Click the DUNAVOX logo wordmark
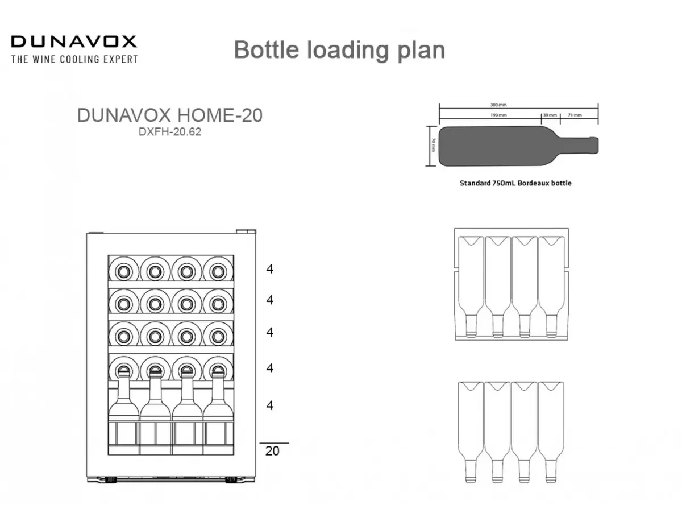[74, 42]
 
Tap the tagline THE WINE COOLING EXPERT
[74, 59]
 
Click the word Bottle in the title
[267, 49]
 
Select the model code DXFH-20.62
[170, 132]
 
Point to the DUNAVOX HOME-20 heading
[170, 115]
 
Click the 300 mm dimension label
[498, 105]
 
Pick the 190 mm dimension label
[498, 115]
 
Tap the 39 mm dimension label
[550, 115]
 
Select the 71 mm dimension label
[575, 115]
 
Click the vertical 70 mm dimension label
[434, 145]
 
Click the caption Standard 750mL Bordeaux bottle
[515, 183]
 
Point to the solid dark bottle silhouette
[518, 146]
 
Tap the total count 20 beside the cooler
[272, 451]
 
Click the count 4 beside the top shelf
[269, 269]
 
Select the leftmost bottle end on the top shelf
[124, 270]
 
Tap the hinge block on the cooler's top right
[246, 231]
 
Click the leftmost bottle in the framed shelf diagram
[471, 287]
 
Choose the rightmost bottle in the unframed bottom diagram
[551, 432]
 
